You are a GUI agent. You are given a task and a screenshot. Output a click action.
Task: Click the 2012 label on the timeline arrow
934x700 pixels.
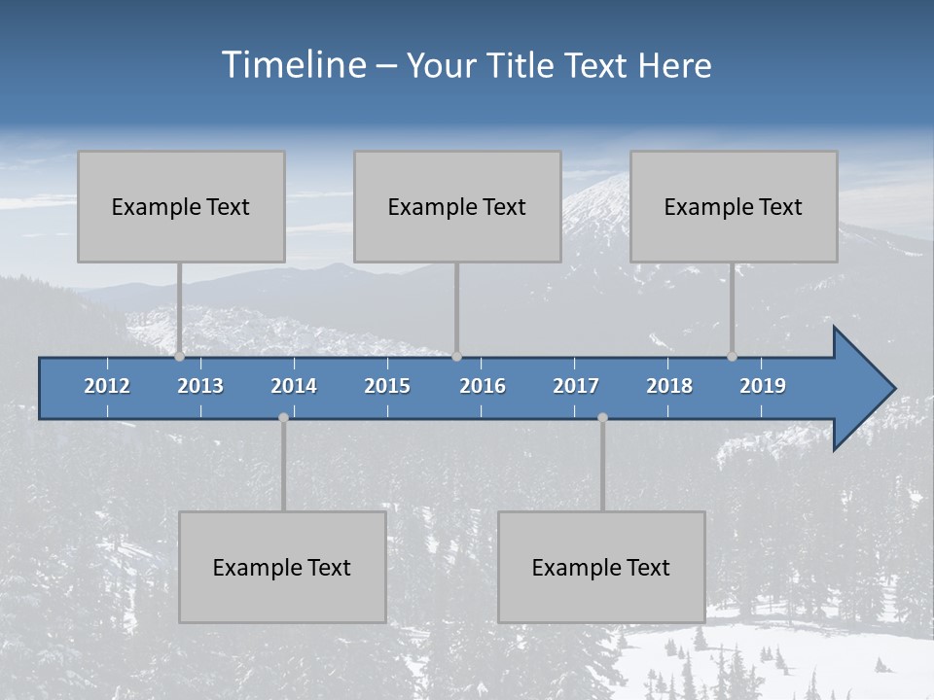point(107,386)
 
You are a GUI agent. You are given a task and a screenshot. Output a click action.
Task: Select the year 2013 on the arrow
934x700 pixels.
point(200,386)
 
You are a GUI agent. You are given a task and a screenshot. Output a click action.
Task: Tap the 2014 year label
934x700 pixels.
point(294,386)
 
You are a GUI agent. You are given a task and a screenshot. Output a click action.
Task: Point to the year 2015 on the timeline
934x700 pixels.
point(387,386)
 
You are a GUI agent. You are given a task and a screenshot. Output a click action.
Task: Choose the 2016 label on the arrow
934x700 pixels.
point(483,386)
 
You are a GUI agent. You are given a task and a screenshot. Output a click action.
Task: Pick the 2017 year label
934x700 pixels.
point(576,386)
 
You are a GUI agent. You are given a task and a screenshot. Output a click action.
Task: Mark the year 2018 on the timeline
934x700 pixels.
point(669,386)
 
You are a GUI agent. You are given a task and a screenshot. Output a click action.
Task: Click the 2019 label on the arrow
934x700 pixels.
point(763,386)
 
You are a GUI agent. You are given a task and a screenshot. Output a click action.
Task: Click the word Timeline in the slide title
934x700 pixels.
point(292,65)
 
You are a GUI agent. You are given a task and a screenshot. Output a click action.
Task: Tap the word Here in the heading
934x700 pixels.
point(675,66)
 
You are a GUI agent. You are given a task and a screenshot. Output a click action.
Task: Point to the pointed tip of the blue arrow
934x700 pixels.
point(894,389)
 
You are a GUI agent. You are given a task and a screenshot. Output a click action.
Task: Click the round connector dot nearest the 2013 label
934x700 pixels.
point(179,357)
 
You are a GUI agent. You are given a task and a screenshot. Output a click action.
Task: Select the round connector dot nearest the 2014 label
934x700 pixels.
point(283,417)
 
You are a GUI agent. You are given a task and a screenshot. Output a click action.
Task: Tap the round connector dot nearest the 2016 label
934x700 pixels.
point(456,357)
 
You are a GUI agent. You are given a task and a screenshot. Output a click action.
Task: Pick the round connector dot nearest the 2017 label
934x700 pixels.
point(602,417)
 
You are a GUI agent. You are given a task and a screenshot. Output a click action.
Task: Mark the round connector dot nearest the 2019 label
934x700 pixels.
point(732,357)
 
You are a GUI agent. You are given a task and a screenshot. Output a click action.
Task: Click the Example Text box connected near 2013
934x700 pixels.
point(181,206)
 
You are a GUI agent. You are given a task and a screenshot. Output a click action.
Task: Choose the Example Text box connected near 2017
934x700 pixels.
point(601,567)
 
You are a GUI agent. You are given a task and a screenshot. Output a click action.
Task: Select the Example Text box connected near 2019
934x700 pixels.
point(734,206)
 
